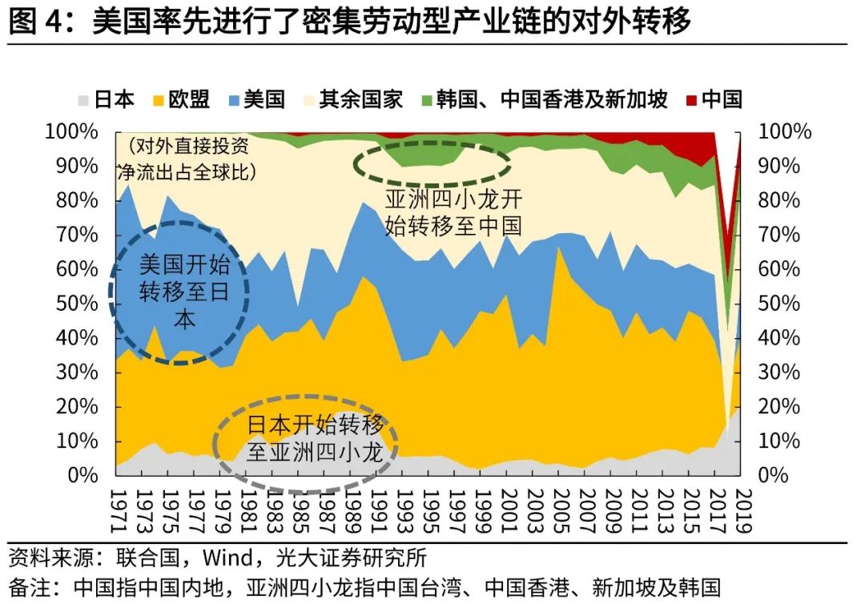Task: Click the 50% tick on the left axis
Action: pyautogui.click(x=78, y=304)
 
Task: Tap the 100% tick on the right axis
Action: pyautogui.click(x=786, y=131)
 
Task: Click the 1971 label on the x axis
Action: pyautogui.click(x=117, y=505)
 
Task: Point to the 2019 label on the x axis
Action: pyautogui.click(x=744, y=505)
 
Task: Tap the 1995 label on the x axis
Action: pyautogui.click(x=430, y=505)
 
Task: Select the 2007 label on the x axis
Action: pyautogui.click(x=587, y=505)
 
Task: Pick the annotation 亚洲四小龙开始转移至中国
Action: pyautogui.click(x=453, y=212)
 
